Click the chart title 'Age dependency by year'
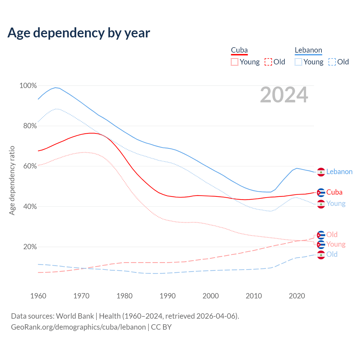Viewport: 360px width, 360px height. pos(79,33)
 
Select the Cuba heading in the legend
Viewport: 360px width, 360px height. pos(239,50)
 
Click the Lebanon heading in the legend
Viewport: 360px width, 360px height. pos(308,50)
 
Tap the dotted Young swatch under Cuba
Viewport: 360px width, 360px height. pos(235,62)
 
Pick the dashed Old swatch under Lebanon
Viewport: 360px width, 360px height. pos(332,62)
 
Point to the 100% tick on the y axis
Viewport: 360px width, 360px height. pos(28,85)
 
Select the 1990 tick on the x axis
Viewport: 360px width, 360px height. pos(168,296)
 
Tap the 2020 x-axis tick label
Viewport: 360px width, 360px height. pos(297,296)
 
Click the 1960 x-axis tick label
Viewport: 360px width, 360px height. pos(38,296)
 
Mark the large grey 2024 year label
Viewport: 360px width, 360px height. pos(284,95)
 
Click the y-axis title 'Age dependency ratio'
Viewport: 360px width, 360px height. pos(12,180)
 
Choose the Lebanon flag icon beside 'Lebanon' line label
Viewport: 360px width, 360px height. pos(321,172)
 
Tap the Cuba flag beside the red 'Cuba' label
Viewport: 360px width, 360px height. pos(321,193)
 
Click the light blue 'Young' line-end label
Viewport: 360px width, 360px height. pos(336,204)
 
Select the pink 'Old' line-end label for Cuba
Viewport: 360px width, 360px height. pos(332,235)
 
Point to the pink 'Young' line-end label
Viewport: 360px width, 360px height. pos(336,244)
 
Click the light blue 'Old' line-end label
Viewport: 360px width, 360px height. pos(332,254)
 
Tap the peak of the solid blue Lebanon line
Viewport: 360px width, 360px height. pos(55,87)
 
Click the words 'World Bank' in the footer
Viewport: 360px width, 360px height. pos(75,316)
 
